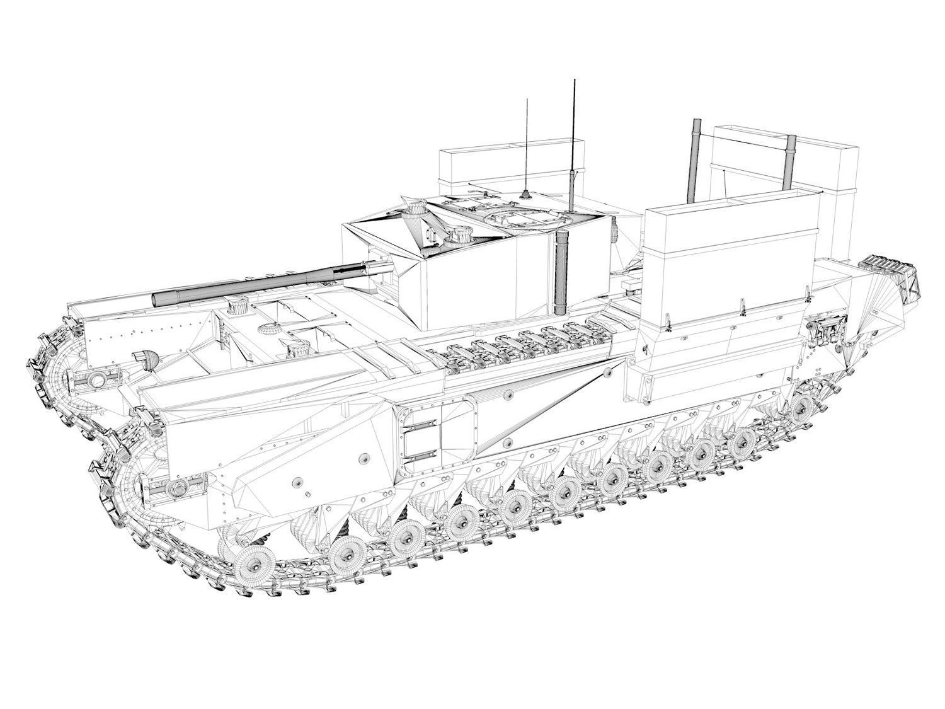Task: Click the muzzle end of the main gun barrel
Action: point(157,300)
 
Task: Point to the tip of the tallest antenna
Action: point(573,81)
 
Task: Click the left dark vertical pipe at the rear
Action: point(697,161)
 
